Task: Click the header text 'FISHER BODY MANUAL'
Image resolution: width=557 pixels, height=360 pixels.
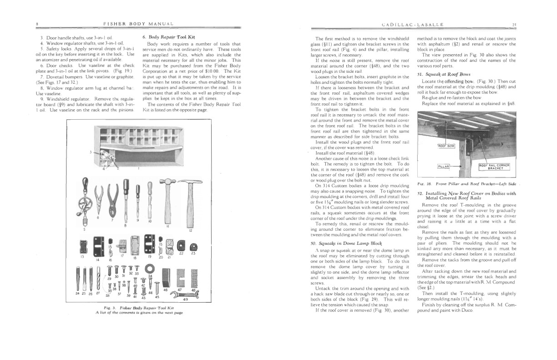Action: [x=139, y=24]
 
